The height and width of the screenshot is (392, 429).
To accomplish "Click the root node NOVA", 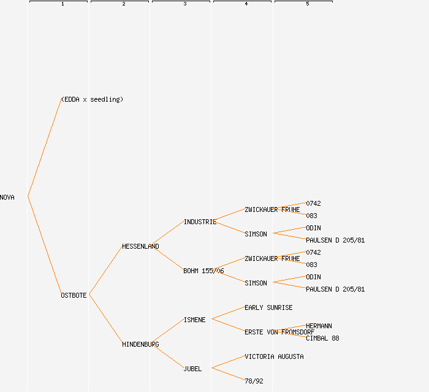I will (7, 197).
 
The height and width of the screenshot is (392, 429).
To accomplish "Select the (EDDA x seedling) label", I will (92, 99).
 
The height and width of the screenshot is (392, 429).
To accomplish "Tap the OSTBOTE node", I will (74, 295).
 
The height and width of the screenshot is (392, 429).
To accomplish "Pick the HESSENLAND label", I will (140, 246).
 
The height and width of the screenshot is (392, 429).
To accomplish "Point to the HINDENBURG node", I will (140, 344).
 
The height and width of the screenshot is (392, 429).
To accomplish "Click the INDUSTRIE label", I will (200, 222).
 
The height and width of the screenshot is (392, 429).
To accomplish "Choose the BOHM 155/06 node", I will (203, 271).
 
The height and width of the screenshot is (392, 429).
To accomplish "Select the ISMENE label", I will (195, 320).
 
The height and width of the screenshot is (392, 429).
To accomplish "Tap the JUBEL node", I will (192, 369).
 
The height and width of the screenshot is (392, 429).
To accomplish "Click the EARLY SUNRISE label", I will (268, 307).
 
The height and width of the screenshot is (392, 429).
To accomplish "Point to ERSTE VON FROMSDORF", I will (279, 332).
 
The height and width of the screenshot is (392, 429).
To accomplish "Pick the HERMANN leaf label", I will (319, 326).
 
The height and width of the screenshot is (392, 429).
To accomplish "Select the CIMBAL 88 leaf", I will (322, 338).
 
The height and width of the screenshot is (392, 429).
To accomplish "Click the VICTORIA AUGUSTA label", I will (274, 356).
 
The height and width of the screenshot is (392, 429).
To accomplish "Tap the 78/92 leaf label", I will (254, 381).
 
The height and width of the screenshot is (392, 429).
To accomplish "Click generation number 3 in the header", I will (184, 4).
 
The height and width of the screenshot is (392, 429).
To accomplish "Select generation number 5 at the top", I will (307, 4).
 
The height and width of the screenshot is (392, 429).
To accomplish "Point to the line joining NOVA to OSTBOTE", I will (44, 246).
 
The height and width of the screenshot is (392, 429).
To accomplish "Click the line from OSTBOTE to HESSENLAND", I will (105, 271).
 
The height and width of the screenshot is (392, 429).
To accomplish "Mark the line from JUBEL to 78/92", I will (228, 374).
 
